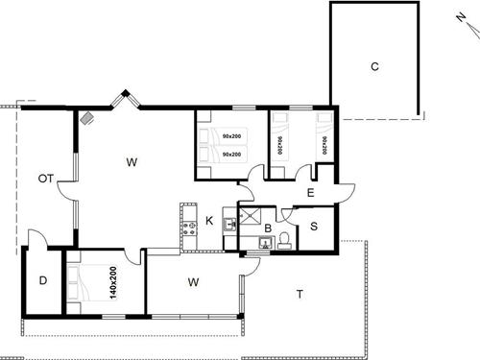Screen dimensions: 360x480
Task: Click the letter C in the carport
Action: [x=374, y=66]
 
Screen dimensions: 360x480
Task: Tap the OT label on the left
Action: [x=45, y=179]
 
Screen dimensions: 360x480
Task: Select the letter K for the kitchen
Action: [x=208, y=221]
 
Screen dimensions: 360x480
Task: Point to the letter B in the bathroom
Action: [x=268, y=229]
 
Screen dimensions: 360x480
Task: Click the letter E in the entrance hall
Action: [x=310, y=193]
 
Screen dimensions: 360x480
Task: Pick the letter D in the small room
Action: [x=43, y=280]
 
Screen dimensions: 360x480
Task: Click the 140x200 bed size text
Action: [x=112, y=279]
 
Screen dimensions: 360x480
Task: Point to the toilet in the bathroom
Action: [x=285, y=239]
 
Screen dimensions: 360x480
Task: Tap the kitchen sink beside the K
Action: [x=230, y=225]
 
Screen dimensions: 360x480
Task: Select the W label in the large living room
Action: [x=132, y=162]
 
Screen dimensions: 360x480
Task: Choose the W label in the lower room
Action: [x=193, y=282]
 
